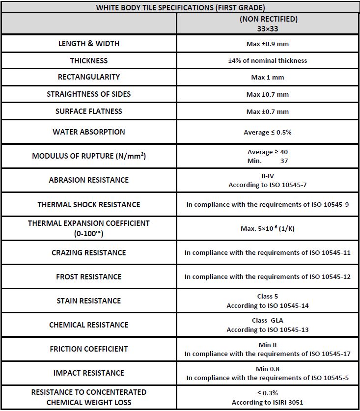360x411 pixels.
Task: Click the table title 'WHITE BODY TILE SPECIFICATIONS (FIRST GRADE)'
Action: pyautogui.click(x=180, y=7)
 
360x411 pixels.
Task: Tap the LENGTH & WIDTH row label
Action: pyautogui.click(x=89, y=44)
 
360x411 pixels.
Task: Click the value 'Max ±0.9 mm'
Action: pyautogui.click(x=268, y=44)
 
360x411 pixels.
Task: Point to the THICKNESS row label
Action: pyautogui.click(x=89, y=61)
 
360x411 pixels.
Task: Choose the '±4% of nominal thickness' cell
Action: pyautogui.click(x=268, y=60)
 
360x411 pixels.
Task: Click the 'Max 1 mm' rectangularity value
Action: pyautogui.click(x=268, y=78)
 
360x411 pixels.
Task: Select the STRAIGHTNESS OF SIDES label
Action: pyautogui.click(x=89, y=94)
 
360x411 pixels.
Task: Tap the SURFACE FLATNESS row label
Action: pyautogui.click(x=89, y=111)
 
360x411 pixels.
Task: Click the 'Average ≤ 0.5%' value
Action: pyautogui.click(x=268, y=133)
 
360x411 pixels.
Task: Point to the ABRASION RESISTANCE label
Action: pyautogui.click(x=89, y=180)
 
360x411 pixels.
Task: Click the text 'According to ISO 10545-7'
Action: pyautogui.click(x=268, y=185)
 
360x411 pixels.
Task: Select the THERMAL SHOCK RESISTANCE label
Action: pyautogui.click(x=89, y=204)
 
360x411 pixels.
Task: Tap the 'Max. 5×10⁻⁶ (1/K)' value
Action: pyautogui.click(x=268, y=228)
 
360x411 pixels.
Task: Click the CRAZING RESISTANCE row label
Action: pyautogui.click(x=89, y=253)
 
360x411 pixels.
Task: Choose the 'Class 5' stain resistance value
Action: pyautogui.click(x=268, y=297)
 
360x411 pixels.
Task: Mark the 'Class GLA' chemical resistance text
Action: pyautogui.click(x=268, y=321)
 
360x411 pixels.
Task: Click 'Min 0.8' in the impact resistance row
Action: pyautogui.click(x=268, y=369)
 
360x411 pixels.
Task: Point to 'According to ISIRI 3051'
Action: pyautogui.click(x=268, y=403)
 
